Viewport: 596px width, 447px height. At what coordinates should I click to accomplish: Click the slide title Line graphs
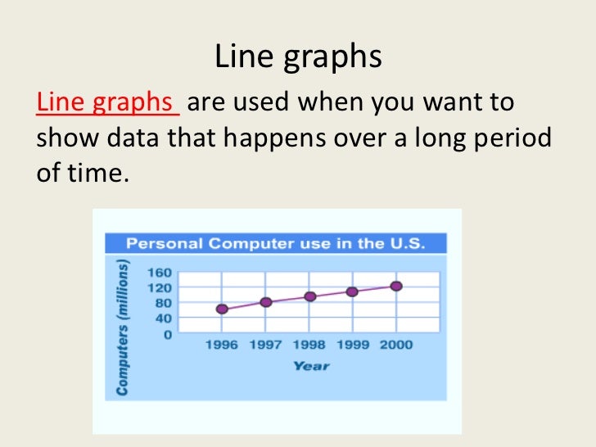(298, 56)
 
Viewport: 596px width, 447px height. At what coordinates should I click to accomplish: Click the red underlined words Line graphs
(107, 104)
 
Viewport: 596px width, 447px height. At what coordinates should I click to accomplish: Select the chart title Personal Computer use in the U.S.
(275, 244)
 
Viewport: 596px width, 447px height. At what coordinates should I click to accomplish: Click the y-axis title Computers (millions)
(123, 328)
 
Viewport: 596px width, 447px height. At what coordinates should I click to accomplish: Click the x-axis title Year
(311, 365)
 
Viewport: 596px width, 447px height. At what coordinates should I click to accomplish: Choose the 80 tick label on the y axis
(162, 303)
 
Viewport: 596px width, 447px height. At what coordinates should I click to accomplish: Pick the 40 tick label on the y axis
(162, 318)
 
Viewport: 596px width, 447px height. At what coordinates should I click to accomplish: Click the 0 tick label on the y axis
(167, 334)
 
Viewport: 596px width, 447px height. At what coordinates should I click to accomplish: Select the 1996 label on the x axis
(221, 345)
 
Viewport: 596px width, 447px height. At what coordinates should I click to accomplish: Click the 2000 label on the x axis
(396, 345)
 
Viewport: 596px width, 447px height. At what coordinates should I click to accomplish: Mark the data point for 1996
(222, 309)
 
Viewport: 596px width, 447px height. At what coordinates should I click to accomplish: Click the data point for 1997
(266, 302)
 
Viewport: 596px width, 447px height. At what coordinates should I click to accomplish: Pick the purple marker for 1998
(310, 296)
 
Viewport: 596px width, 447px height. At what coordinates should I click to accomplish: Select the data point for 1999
(353, 291)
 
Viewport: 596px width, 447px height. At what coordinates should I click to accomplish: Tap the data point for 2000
(397, 286)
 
